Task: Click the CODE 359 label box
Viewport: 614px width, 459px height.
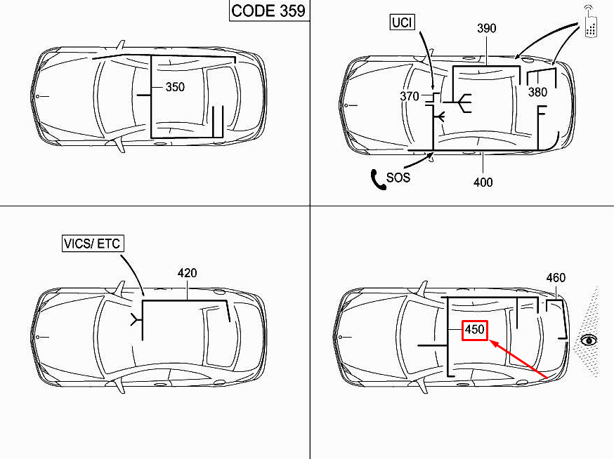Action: pyautogui.click(x=269, y=11)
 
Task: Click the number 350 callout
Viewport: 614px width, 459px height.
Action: pyautogui.click(x=175, y=87)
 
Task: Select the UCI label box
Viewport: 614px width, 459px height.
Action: pyautogui.click(x=402, y=22)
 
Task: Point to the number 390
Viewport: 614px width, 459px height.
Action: pyautogui.click(x=487, y=28)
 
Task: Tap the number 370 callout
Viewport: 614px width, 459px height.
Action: pyautogui.click(x=410, y=96)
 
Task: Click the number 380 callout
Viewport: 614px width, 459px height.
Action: pyautogui.click(x=537, y=92)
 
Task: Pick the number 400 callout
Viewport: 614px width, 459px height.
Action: pyautogui.click(x=483, y=182)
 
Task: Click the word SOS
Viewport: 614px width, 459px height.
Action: pyautogui.click(x=398, y=178)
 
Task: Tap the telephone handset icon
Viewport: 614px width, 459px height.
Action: pyautogui.click(x=378, y=180)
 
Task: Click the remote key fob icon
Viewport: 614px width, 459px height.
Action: pyautogui.click(x=591, y=22)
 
